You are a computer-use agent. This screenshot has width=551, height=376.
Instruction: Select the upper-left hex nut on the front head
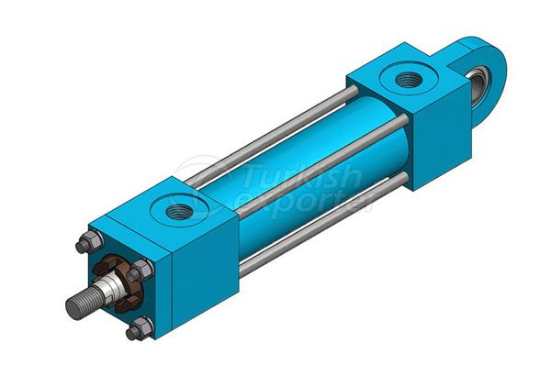(86, 243)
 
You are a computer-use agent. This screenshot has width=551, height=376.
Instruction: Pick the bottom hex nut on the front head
(140, 327)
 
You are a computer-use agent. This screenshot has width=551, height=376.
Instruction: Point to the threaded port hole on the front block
(179, 212)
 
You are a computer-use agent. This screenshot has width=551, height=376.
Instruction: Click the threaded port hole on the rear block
(407, 80)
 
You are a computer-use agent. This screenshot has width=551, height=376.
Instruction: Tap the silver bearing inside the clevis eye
(478, 82)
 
